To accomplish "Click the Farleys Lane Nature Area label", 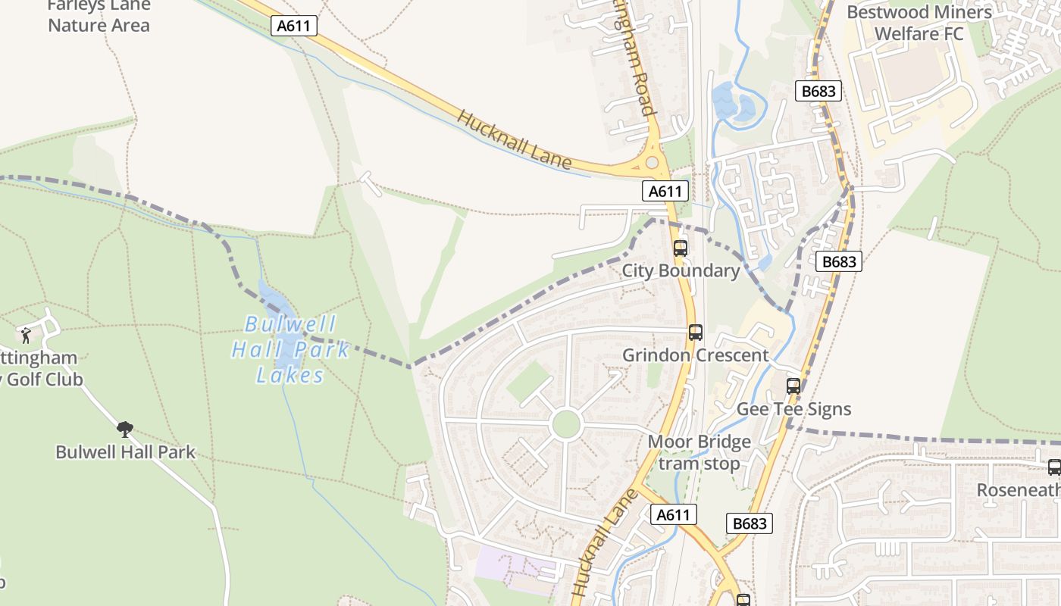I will click(99, 15).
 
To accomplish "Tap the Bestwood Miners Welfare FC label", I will click(919, 23).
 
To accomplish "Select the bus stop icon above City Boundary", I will click(681, 248).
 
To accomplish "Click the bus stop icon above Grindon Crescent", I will click(695, 332).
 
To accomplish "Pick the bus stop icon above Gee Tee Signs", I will click(793, 386).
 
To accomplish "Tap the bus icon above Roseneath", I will click(1053, 467).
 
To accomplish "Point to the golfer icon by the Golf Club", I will click(27, 334).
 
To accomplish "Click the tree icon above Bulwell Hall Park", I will click(125, 430).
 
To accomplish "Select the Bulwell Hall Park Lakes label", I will click(290, 349).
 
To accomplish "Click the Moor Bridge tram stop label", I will click(700, 452).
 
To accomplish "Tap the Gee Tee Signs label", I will click(794, 409).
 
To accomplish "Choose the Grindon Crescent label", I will click(695, 355).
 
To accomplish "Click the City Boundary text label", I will click(681, 270).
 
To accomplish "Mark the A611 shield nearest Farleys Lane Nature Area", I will click(294, 26).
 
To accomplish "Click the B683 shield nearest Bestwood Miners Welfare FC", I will click(818, 92).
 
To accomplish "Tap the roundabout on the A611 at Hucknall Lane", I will click(652, 162).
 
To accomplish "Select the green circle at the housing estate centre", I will click(566, 424).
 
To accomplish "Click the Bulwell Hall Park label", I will click(125, 452).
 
